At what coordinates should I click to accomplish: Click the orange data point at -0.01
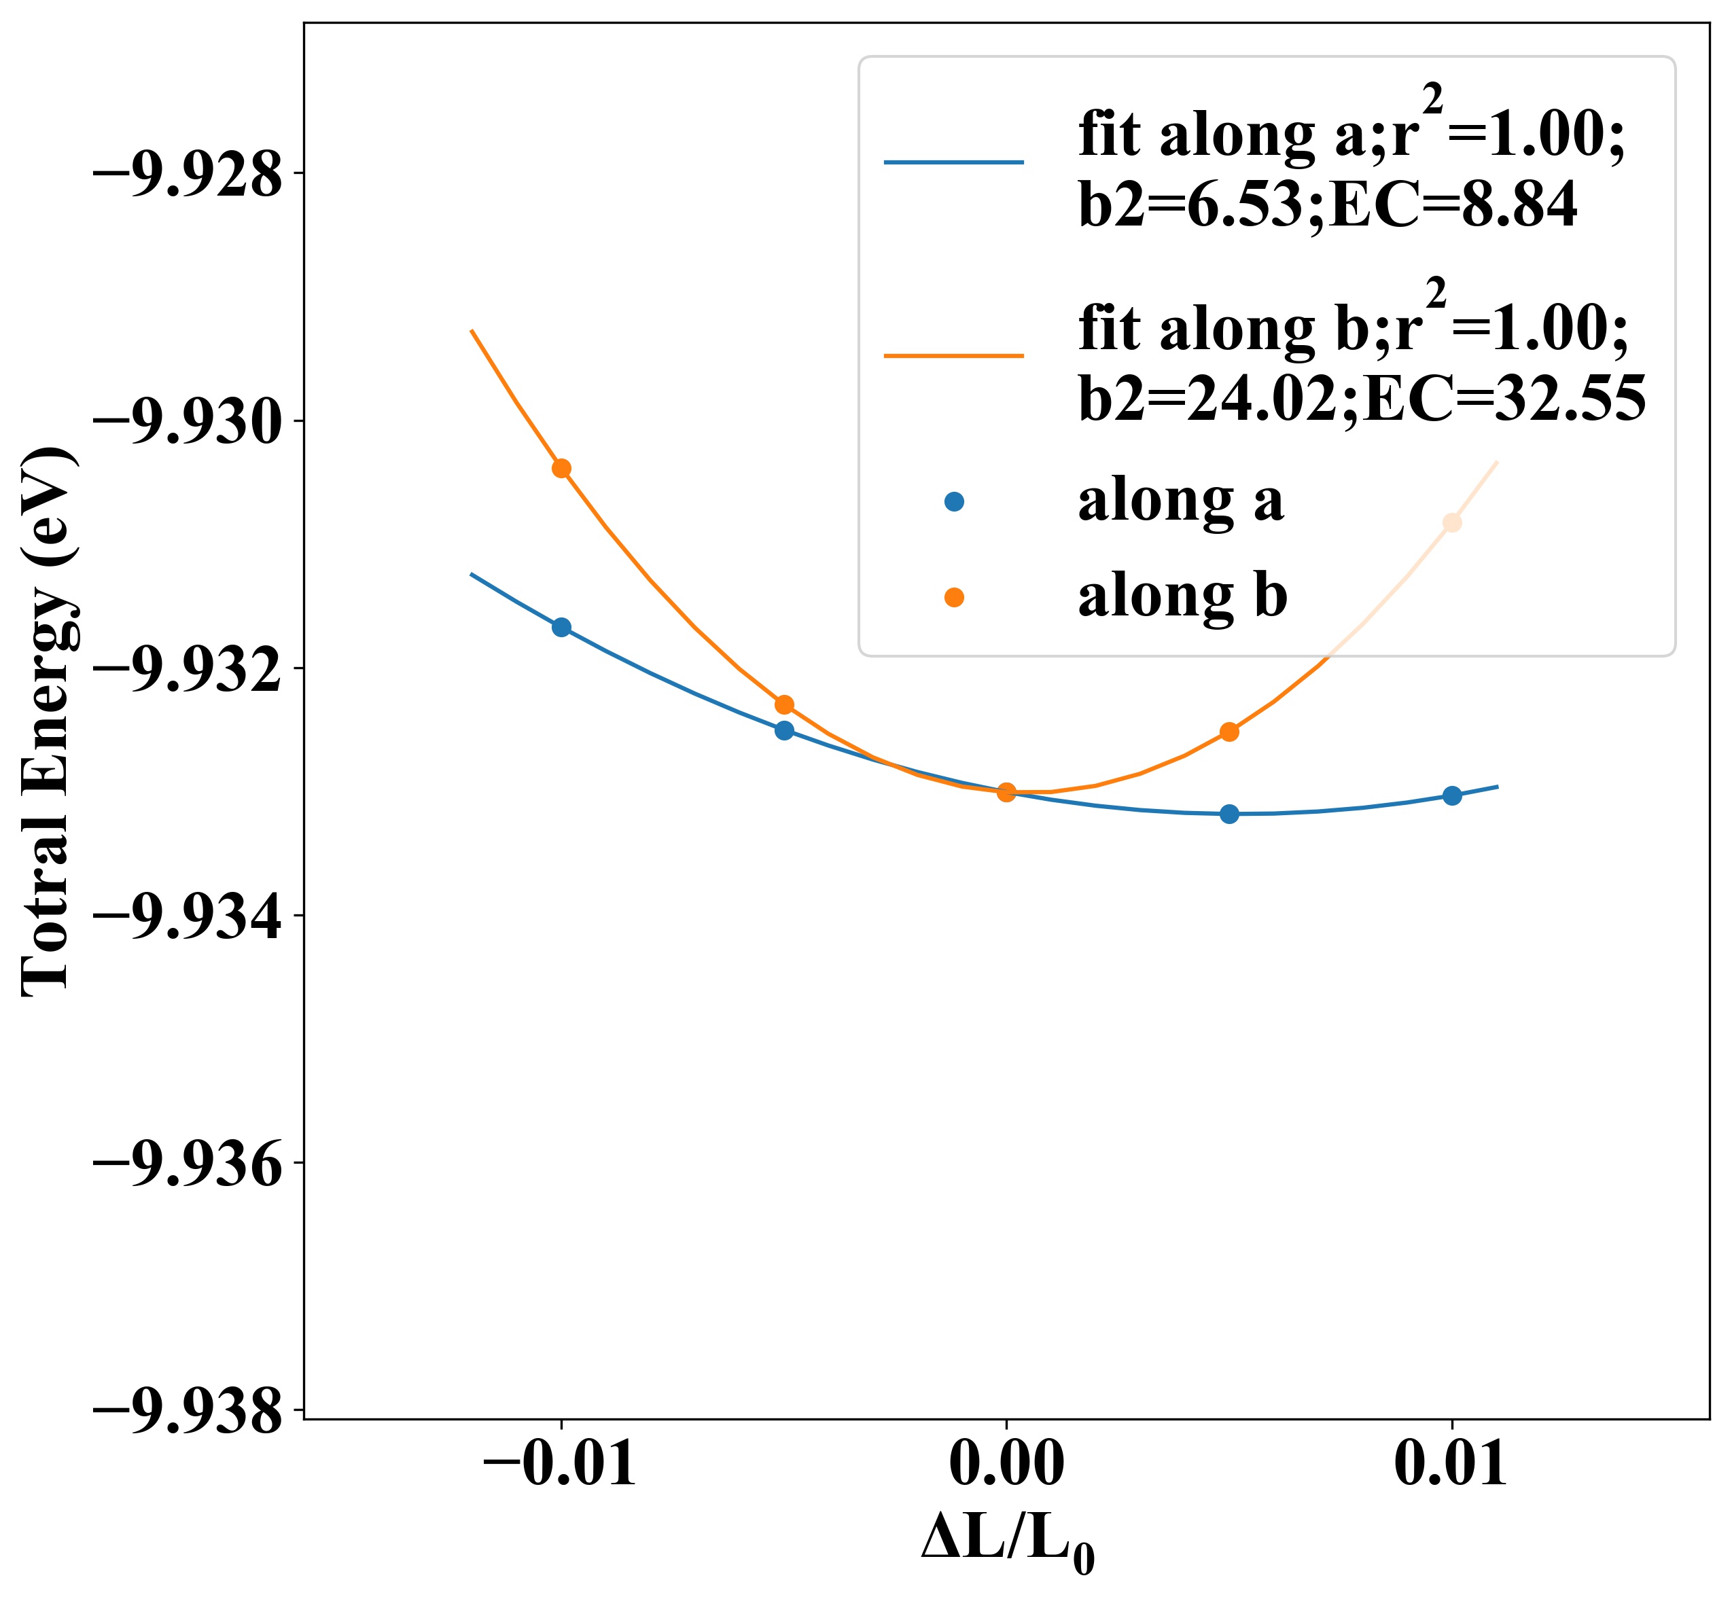pos(562,469)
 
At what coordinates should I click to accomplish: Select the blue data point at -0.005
pos(784,730)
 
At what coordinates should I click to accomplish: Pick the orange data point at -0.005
pos(784,704)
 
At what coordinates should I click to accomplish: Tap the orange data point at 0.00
pos(1006,791)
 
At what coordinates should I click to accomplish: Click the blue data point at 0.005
pos(1229,813)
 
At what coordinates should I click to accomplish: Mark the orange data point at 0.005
pos(1229,732)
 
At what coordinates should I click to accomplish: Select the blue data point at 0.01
pos(1452,795)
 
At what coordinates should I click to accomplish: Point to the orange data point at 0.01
pos(1452,522)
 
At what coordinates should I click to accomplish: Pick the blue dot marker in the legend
pos(953,501)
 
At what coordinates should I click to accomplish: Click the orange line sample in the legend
pos(953,355)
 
